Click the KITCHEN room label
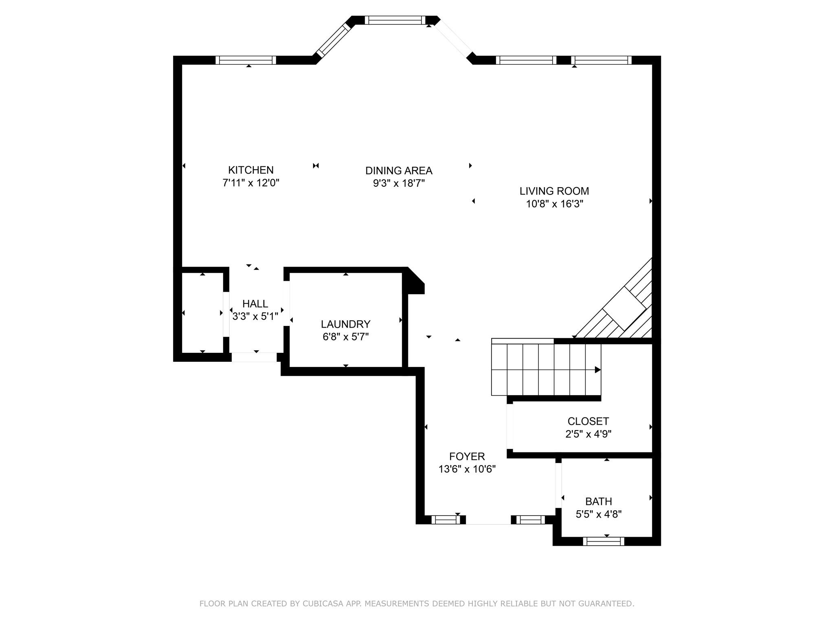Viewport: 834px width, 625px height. [x=250, y=170]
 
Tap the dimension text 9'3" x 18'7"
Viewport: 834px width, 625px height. [x=399, y=184]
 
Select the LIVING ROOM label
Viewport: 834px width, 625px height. [x=554, y=191]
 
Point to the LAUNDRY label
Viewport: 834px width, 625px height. [x=345, y=324]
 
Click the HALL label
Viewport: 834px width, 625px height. [x=255, y=304]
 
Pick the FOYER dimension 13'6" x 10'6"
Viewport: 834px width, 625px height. [x=467, y=469]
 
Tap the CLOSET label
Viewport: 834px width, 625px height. [x=588, y=421]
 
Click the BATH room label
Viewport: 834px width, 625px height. [x=599, y=501]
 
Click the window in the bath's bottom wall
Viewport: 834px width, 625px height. [x=604, y=541]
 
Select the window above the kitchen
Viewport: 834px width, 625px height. [x=246, y=60]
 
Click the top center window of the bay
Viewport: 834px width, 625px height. [x=395, y=20]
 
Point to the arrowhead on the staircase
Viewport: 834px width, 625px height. [x=597, y=370]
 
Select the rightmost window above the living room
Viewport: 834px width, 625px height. [x=601, y=60]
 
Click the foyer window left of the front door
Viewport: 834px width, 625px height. [x=446, y=520]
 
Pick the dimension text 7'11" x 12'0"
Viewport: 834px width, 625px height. [x=250, y=183]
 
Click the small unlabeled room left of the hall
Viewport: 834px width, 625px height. [x=202, y=312]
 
